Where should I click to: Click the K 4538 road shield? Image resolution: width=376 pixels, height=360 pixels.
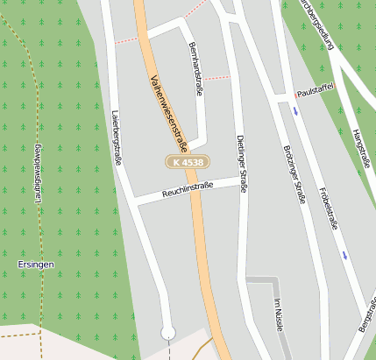pos(187,162)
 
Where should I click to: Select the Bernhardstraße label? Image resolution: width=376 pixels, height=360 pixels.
pos(196,68)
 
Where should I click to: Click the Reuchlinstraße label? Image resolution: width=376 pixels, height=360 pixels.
pos(187,190)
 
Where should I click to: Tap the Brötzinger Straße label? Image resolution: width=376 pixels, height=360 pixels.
pos(294,173)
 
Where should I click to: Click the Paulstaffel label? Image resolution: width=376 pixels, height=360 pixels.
pos(316,91)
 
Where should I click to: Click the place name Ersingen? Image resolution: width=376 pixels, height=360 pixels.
pos(36,264)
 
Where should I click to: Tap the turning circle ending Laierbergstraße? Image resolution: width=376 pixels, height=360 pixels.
pos(168,332)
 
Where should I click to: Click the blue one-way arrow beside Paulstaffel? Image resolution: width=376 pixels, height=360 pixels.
pos(295,110)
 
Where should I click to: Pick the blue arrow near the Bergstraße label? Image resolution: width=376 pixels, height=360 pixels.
pos(345,256)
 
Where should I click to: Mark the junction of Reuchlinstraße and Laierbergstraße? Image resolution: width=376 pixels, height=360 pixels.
pos(133,201)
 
